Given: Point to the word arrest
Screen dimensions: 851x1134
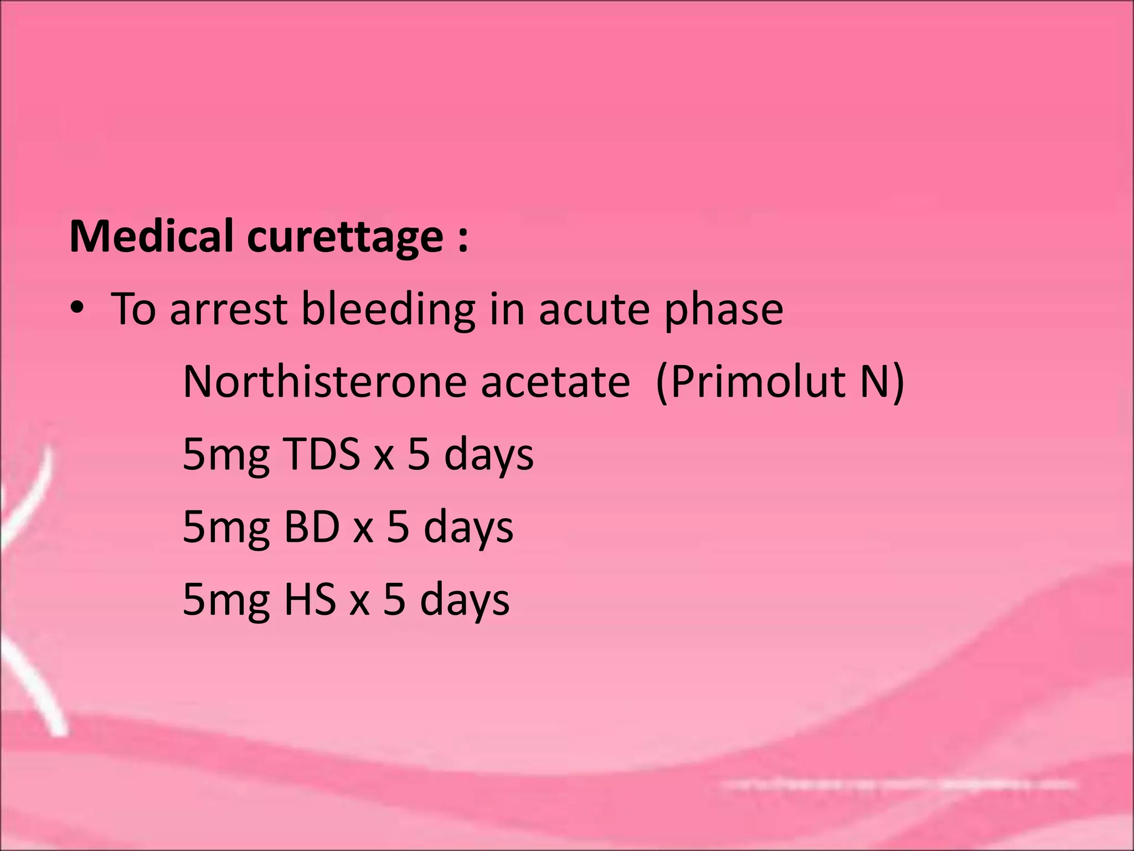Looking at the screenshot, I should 228,309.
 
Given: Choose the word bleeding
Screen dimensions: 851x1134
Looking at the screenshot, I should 388,309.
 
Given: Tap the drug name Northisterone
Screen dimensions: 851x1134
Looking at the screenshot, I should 324,382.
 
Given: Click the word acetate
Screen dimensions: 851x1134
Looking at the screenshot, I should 555,382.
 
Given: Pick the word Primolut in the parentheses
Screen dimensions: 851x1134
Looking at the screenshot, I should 758,382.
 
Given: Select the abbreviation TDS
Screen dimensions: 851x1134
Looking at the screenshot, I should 322,454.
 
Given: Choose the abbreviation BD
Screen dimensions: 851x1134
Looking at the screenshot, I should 311,527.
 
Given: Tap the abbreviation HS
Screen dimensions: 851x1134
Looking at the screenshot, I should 310,599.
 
